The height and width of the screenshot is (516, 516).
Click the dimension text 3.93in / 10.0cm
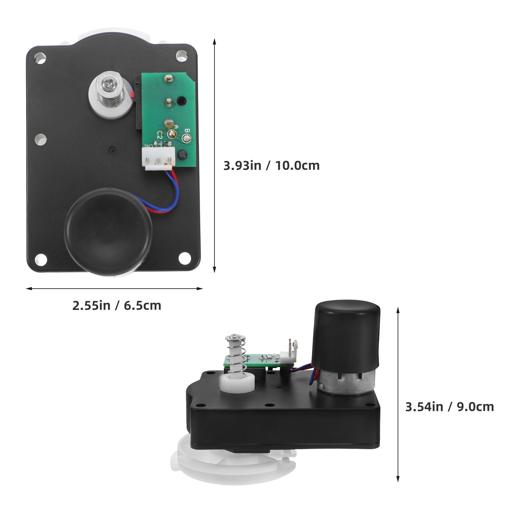(272, 165)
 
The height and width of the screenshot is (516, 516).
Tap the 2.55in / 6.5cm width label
(117, 305)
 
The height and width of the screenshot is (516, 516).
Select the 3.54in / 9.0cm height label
(450, 407)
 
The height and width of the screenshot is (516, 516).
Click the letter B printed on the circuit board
(186, 131)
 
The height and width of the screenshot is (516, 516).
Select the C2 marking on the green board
(159, 134)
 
